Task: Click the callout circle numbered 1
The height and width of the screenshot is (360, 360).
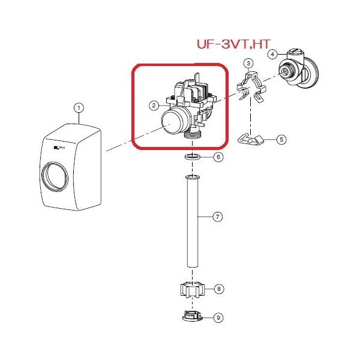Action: pyautogui.click(x=79, y=108)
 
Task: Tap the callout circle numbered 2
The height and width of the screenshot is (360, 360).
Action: pyautogui.click(x=154, y=106)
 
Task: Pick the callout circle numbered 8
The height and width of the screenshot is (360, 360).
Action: pyautogui.click(x=219, y=289)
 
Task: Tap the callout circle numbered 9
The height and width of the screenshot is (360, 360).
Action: pyautogui.click(x=219, y=317)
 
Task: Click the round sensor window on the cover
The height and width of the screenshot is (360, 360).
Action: pyautogui.click(x=55, y=179)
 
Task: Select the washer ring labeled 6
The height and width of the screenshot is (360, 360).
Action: pyautogui.click(x=193, y=157)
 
